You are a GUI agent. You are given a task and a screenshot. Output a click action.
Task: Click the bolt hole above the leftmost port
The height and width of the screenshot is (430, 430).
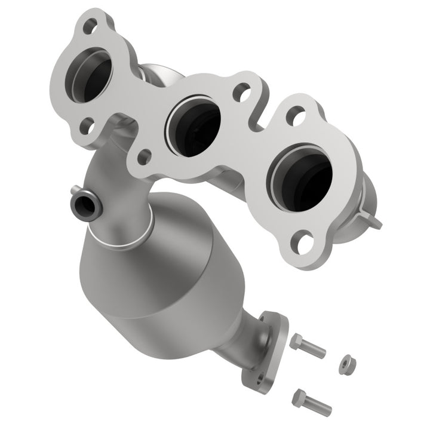pyautogui.click(x=90, y=26)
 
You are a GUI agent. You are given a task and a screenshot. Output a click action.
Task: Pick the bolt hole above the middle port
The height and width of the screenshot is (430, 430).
pyautogui.click(x=241, y=92)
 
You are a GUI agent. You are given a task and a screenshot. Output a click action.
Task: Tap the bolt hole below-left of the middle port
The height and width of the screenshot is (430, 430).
pyautogui.click(x=143, y=157)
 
